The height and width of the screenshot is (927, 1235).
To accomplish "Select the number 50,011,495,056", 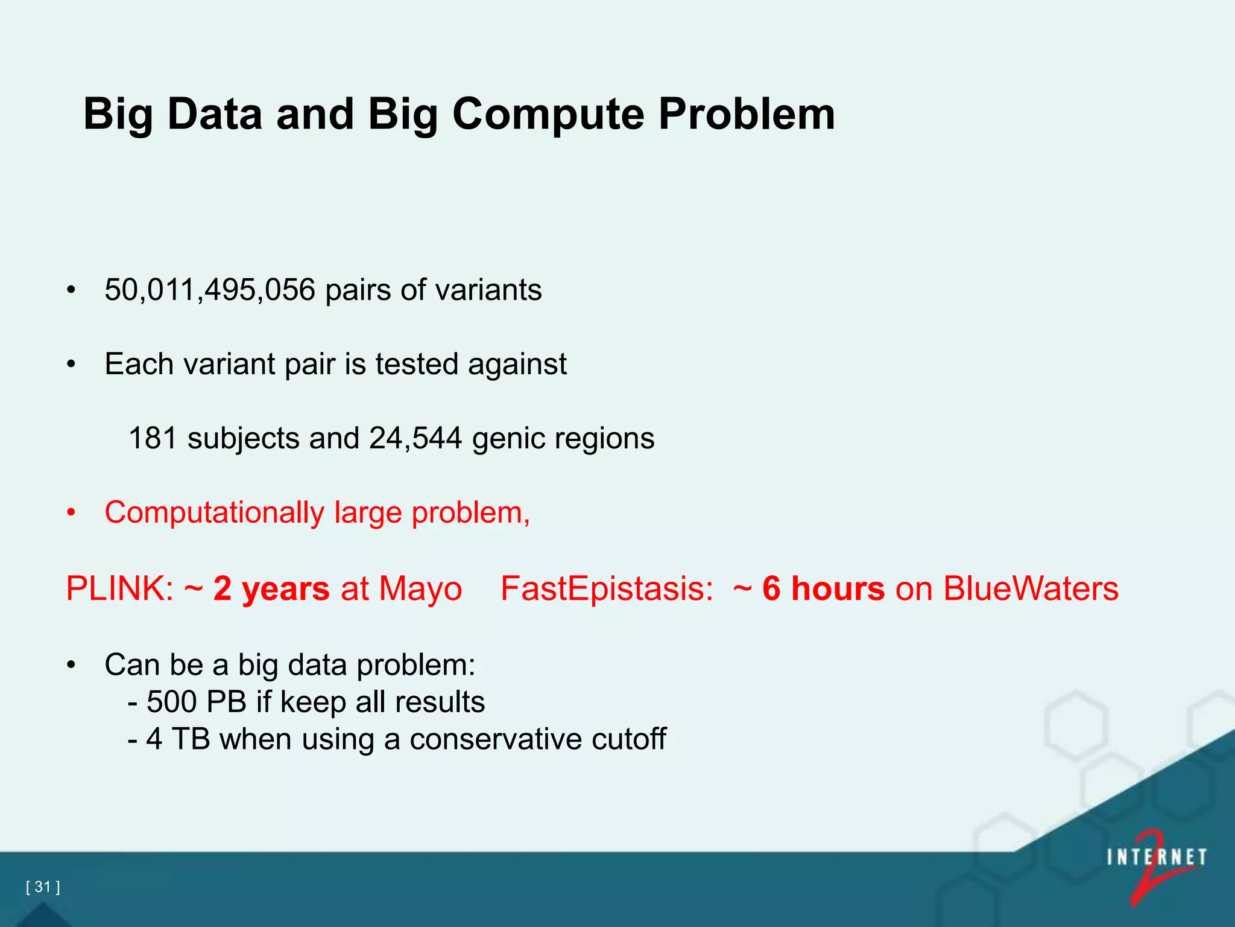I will pos(210,290).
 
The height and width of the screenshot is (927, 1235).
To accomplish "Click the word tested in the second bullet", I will pos(417,365).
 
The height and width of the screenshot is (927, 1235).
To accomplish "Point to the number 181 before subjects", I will pos(153,439).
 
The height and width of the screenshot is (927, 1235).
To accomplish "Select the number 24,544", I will pos(415,439).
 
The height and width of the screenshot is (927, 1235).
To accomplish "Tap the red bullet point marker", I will pos(71,513).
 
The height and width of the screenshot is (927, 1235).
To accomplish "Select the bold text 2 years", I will pos(271,589).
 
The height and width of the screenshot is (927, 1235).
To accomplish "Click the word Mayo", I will pos(420,589).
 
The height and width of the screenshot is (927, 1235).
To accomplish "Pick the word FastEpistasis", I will pos(607,589).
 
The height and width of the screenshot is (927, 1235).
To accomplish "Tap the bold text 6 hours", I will pos(823,589).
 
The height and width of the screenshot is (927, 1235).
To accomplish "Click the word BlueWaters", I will pos(1031,589).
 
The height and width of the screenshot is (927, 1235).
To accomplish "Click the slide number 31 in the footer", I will pos(43,887).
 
